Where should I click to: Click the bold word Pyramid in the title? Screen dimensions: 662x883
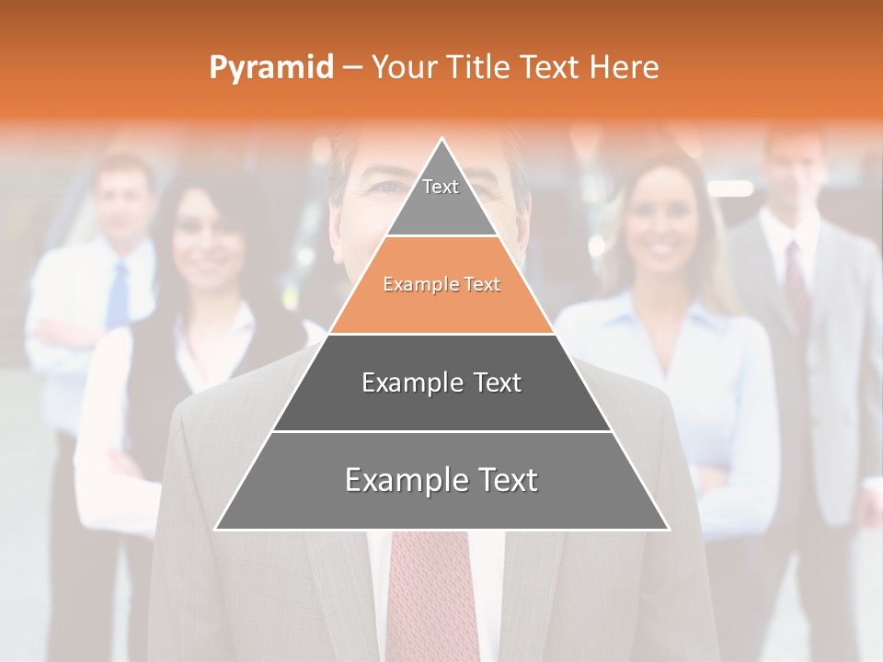[270, 68]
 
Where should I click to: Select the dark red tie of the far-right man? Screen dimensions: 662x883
[797, 276]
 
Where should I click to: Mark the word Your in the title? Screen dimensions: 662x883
[405, 67]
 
